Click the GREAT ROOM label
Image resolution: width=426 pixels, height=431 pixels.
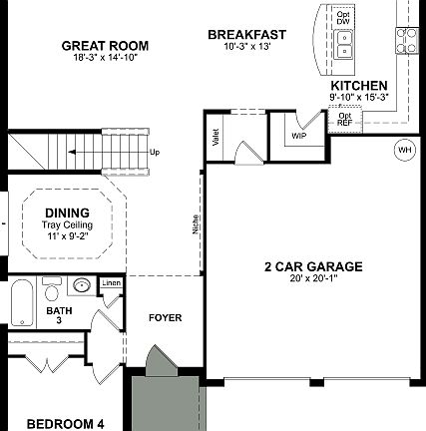tap(105, 45)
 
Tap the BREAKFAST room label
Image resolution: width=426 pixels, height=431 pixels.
tap(246, 35)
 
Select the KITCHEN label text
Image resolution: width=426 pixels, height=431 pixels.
tap(359, 86)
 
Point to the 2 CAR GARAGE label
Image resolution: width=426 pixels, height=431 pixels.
tap(312, 266)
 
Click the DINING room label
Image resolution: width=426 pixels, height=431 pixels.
tap(67, 212)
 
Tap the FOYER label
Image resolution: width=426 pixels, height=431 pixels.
tap(165, 318)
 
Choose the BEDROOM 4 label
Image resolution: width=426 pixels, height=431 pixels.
tap(65, 423)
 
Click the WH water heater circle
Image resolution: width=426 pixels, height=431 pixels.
tap(404, 150)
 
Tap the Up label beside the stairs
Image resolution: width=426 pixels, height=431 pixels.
tap(155, 153)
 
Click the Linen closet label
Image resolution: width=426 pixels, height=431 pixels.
tap(111, 284)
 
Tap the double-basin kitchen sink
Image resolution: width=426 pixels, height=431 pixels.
tap(344, 45)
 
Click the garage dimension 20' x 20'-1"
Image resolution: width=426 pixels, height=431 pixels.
tap(312, 278)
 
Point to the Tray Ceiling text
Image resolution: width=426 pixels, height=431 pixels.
tap(67, 224)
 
